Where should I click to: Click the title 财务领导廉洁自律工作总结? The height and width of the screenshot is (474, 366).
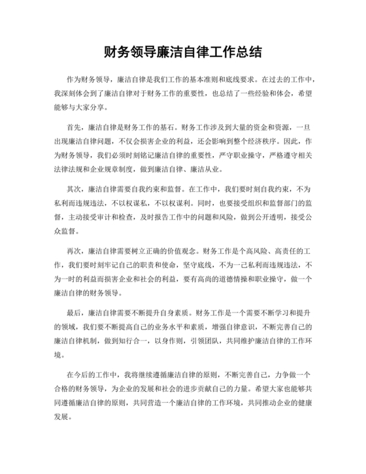[183, 50]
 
